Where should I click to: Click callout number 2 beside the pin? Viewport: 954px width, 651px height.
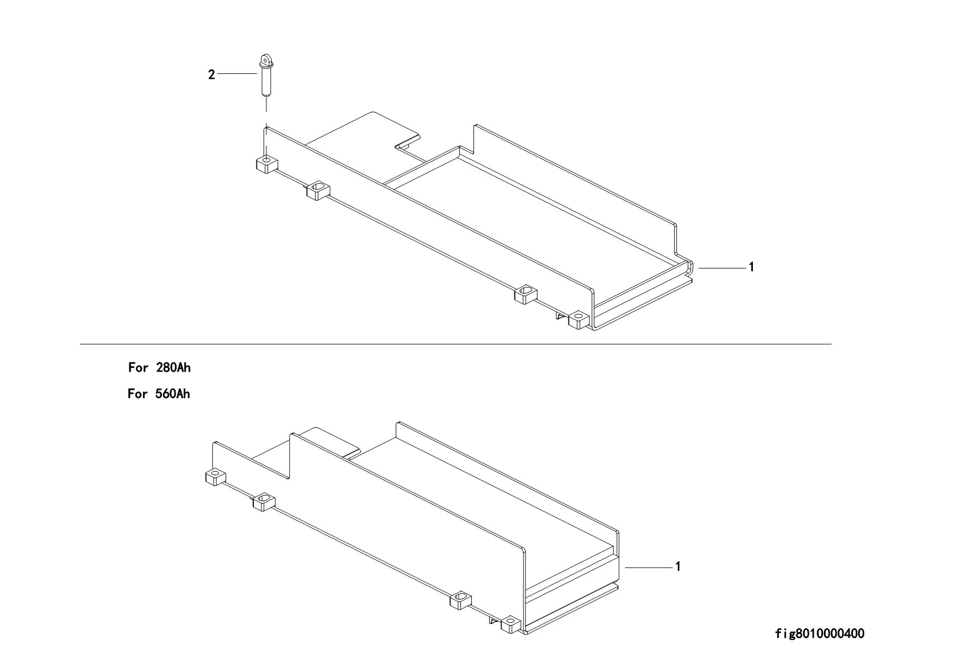point(211,75)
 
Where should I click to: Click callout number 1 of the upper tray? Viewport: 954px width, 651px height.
point(751,267)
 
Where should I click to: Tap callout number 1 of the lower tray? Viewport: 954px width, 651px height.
point(678,567)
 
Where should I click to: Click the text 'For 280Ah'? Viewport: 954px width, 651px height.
point(159,368)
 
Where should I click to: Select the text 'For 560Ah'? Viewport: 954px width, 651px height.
point(159,394)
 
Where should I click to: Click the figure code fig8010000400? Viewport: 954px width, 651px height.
point(819,634)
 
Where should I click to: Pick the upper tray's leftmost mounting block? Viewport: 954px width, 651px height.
point(266,164)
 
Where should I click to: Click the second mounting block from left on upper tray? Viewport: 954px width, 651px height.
point(318,190)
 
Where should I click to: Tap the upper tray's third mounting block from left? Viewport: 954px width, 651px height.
point(526,294)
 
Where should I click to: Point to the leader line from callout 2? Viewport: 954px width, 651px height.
point(236,74)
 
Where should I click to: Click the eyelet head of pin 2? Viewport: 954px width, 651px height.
point(265,59)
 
